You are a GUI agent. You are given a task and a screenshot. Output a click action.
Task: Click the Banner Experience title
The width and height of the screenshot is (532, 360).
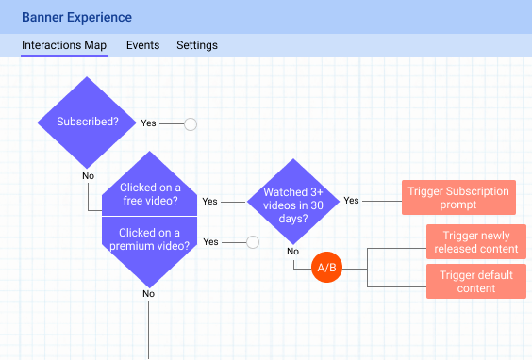(77, 17)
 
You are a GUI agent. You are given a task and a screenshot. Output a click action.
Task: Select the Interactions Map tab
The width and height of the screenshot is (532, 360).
(64, 45)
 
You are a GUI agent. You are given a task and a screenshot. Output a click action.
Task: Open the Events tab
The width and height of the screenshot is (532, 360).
(142, 45)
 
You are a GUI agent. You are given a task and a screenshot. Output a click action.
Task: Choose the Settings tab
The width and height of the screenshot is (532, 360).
(197, 45)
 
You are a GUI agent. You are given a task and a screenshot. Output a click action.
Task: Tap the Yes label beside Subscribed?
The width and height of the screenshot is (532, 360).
(149, 123)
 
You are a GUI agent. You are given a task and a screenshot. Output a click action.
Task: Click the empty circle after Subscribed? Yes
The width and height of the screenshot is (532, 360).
(191, 123)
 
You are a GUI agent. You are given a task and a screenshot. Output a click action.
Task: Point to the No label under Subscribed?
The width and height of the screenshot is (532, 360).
(88, 175)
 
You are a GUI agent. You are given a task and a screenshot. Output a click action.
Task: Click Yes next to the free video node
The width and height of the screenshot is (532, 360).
(209, 201)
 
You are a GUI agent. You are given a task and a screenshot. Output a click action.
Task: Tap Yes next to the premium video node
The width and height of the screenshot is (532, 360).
(210, 242)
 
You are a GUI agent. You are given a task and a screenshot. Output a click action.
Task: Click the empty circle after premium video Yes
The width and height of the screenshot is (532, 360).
(252, 242)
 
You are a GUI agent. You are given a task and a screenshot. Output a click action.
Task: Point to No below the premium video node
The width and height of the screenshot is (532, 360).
(148, 294)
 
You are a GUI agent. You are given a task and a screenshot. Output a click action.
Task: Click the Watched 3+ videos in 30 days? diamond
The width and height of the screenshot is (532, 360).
(292, 200)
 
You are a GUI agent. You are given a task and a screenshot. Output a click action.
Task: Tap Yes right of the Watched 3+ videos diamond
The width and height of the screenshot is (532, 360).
(351, 201)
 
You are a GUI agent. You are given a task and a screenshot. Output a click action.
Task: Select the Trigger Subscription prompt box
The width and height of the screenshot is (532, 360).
(458, 198)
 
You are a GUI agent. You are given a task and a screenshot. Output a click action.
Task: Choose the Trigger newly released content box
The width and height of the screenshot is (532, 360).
(475, 242)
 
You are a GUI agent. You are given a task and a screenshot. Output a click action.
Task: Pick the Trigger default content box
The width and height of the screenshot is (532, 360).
(475, 282)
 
